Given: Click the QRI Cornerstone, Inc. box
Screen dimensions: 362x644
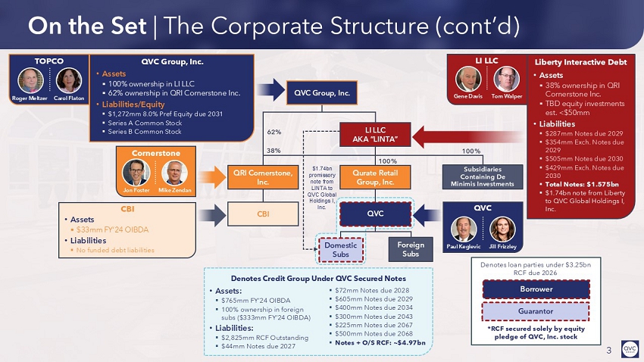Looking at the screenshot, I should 261,177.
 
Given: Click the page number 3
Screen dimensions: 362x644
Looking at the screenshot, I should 608,350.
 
